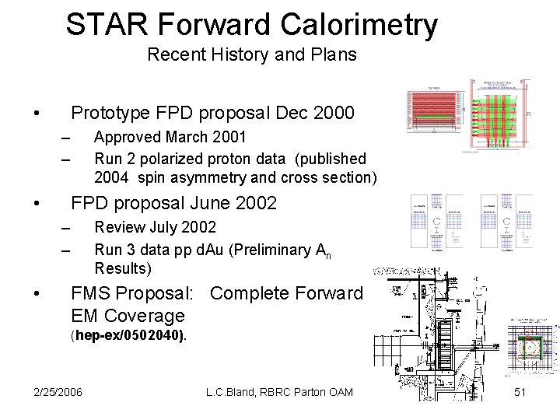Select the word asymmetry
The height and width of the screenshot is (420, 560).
[204, 177]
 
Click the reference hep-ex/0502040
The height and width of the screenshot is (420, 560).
[128, 337]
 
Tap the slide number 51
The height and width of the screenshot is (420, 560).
[521, 392]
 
